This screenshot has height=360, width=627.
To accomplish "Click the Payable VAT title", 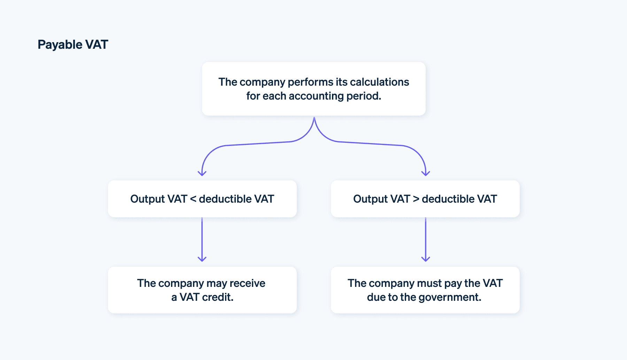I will coord(73,45).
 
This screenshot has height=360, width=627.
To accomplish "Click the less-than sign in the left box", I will coord(193,199).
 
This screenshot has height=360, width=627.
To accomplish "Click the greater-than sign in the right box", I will coord(416,199).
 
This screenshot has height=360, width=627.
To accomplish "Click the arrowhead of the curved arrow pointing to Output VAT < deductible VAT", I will coord(202,173).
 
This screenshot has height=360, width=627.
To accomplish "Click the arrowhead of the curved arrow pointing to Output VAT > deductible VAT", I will coord(426,173).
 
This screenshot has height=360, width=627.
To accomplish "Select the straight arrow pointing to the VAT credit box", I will coord(202,240).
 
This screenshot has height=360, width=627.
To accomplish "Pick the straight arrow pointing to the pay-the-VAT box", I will coord(426,240).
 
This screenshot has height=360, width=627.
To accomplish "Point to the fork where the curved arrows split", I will coord(314,120).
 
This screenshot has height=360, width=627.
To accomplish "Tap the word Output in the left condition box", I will coord(147,199).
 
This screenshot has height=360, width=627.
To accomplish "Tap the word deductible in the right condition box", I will coord(448,199).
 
